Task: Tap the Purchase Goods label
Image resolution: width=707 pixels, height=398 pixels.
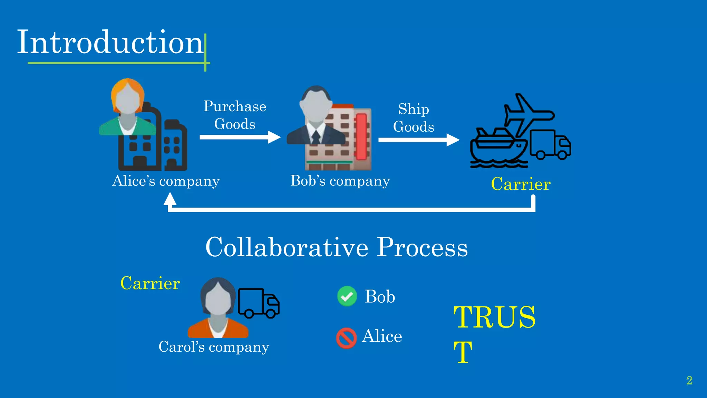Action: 235,115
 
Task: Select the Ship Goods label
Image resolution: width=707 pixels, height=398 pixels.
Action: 414,118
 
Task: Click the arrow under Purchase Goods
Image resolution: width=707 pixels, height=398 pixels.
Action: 240,137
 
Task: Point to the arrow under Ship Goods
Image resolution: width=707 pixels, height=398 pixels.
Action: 418,140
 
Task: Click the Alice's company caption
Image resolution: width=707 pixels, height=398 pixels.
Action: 166,181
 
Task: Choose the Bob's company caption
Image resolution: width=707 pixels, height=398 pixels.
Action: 340,181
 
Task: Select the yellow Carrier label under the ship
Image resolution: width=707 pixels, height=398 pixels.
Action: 521,184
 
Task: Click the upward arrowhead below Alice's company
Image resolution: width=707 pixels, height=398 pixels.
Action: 170,199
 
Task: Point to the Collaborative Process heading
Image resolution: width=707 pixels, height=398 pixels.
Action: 337,247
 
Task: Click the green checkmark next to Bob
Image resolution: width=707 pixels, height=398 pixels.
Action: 347,296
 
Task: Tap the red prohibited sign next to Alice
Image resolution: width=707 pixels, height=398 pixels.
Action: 346,338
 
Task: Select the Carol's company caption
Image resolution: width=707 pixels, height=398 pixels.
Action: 214,347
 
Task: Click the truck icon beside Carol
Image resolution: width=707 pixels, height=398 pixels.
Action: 259,303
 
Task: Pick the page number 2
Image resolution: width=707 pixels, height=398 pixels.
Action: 689,380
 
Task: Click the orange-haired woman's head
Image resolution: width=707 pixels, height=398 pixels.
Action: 128,97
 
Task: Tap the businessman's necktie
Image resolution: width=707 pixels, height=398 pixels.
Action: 316,137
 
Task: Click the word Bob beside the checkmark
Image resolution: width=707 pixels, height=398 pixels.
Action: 380,297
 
